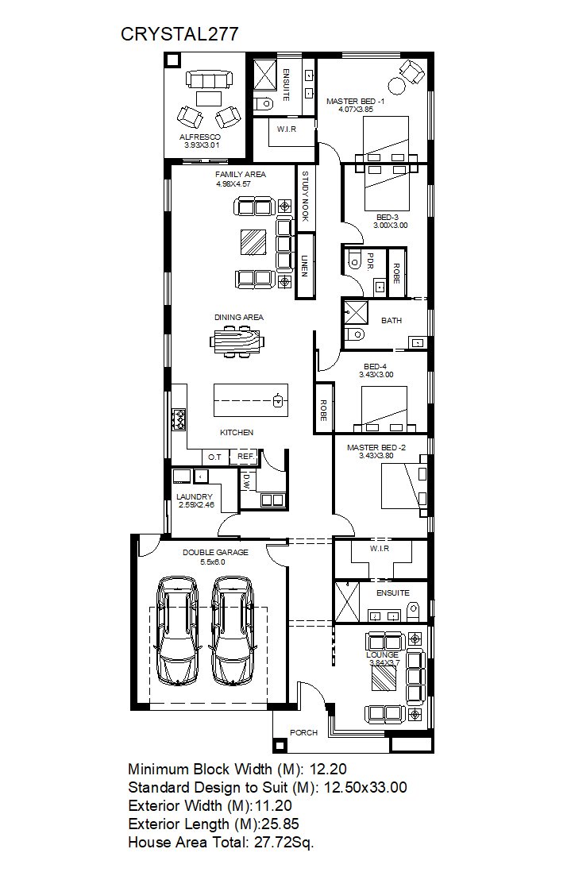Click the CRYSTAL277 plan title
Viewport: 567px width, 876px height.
point(179,34)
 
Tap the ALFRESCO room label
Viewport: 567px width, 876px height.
point(200,137)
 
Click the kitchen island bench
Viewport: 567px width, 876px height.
point(251,399)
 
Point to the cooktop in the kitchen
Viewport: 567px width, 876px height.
point(179,420)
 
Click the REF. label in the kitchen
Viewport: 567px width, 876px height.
point(246,457)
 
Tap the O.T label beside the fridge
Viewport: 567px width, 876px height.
point(214,457)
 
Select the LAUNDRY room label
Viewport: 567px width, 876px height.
point(195,496)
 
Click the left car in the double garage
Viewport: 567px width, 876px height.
point(178,631)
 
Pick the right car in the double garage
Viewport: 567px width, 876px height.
point(232,631)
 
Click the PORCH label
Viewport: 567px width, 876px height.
point(303,732)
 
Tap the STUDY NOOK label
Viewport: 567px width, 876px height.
point(305,196)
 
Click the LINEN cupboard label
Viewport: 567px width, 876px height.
point(304,266)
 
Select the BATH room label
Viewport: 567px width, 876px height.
point(391,321)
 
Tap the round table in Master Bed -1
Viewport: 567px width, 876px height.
point(396,87)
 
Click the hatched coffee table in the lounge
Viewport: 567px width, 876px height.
point(384,679)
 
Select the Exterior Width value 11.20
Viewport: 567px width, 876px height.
point(273,805)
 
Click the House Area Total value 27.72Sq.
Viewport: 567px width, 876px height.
point(284,843)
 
